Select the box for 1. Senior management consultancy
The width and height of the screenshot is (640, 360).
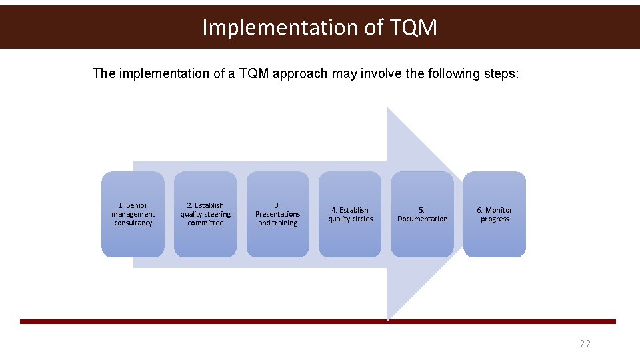[133, 214]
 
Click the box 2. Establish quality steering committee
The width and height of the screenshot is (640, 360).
[205, 214]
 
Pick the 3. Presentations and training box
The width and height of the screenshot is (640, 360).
[277, 214]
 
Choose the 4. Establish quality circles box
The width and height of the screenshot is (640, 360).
[350, 214]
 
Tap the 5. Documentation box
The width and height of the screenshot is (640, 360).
[423, 214]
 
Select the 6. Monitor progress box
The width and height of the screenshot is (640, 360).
[495, 214]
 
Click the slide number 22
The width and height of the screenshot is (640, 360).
[585, 344]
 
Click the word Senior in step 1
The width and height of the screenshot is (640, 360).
[137, 205]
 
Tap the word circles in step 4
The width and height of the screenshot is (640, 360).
[363, 219]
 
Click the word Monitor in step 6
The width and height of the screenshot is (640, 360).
[499, 210]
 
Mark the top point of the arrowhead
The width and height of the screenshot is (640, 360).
[388, 109]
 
